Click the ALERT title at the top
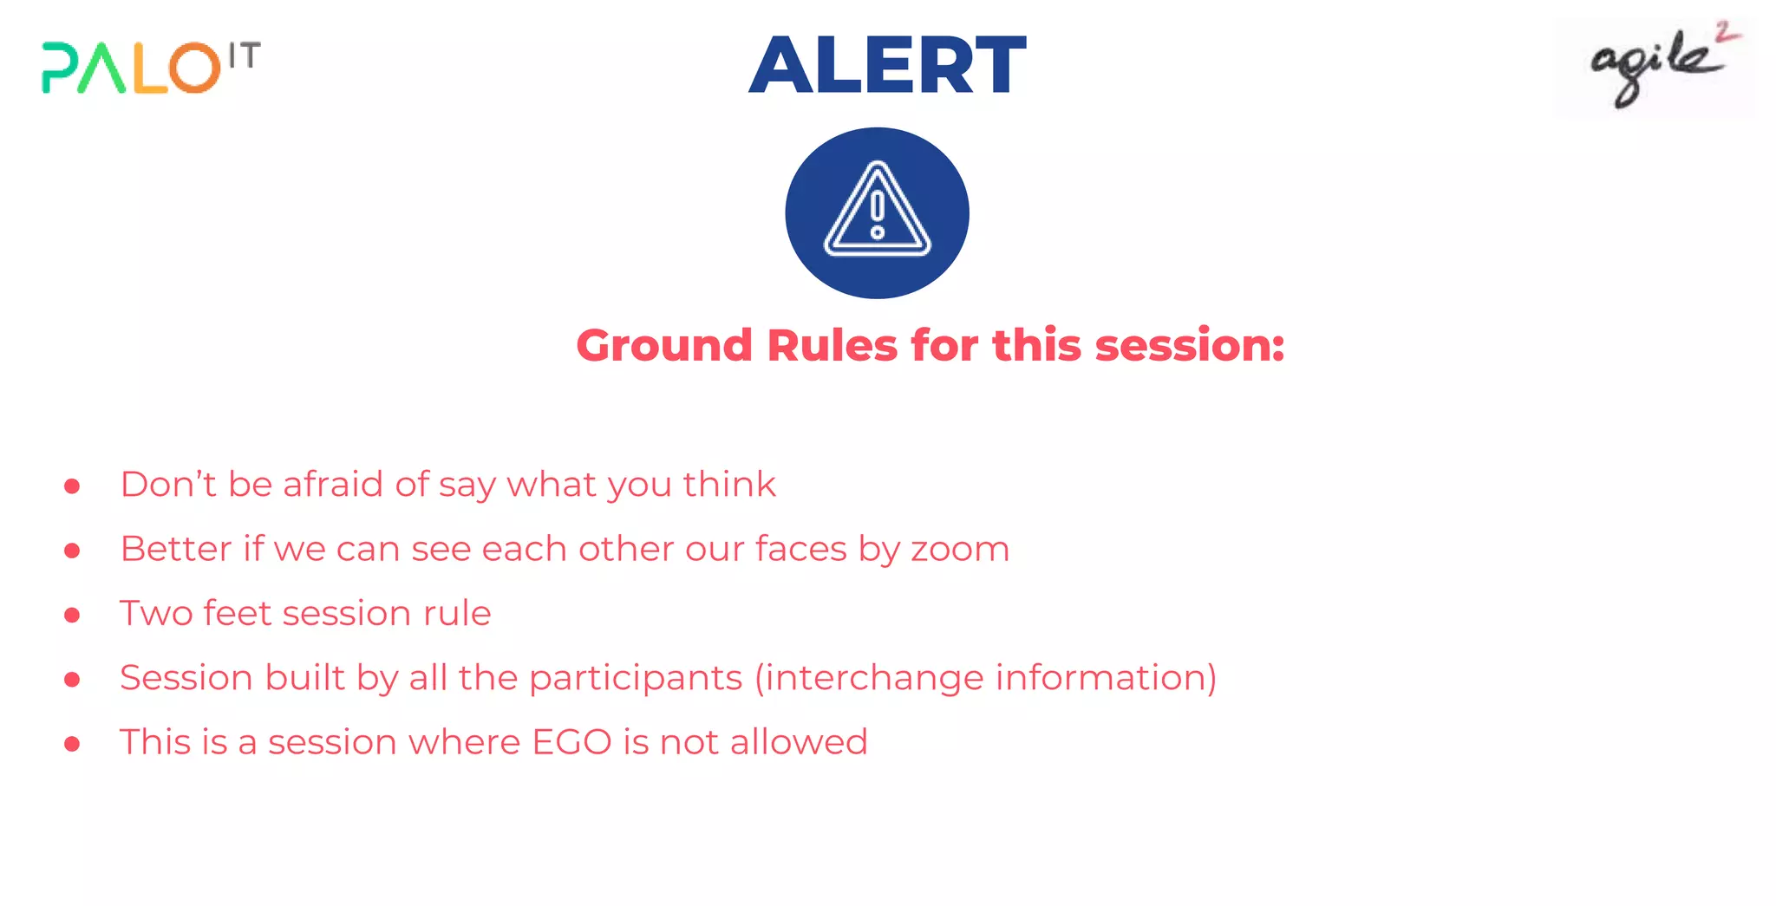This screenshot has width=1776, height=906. coord(887,65)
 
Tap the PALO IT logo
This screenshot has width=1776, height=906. coord(150,67)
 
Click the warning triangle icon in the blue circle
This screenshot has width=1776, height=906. coord(877,212)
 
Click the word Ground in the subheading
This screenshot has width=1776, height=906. coord(664,345)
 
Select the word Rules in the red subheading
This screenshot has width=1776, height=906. coord(832,345)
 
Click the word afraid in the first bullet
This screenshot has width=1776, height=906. coord(333,484)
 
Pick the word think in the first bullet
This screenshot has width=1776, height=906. coord(728,484)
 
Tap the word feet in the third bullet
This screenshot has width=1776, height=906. coord(237,613)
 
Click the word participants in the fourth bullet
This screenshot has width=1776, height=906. coord(636,678)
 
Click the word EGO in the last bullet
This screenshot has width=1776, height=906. coord(571,742)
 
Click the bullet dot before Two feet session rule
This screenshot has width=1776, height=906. coord(72,615)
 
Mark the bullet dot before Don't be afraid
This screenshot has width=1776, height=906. coord(72,486)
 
